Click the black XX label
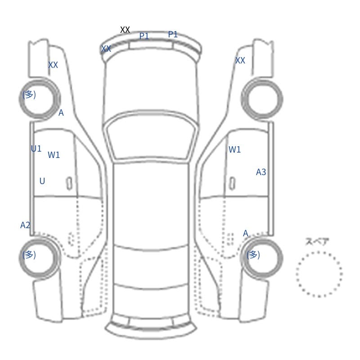click(125, 30)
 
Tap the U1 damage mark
click(36, 149)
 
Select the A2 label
click(25, 225)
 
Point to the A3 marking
click(261, 172)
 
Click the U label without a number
click(42, 181)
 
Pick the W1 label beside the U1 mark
click(54, 155)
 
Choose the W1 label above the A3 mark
click(234, 149)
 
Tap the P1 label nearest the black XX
click(144, 36)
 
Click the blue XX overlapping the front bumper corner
click(106, 49)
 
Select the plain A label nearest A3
click(246, 233)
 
